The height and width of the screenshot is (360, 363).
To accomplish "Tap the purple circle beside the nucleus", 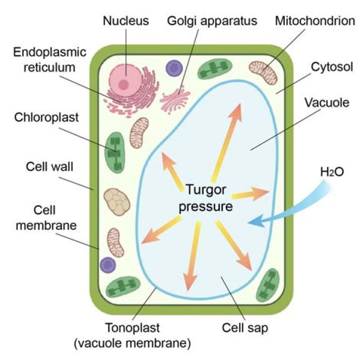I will click(174, 68).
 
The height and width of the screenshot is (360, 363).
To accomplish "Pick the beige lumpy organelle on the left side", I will click(116, 201).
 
